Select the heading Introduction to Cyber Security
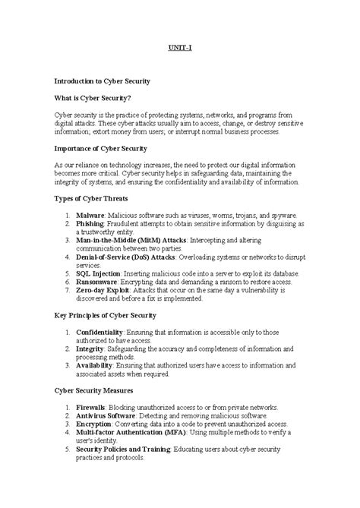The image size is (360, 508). (x=101, y=80)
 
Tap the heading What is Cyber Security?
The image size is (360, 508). (x=92, y=97)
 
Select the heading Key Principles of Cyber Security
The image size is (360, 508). (x=106, y=314)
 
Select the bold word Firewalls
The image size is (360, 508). (x=90, y=407)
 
